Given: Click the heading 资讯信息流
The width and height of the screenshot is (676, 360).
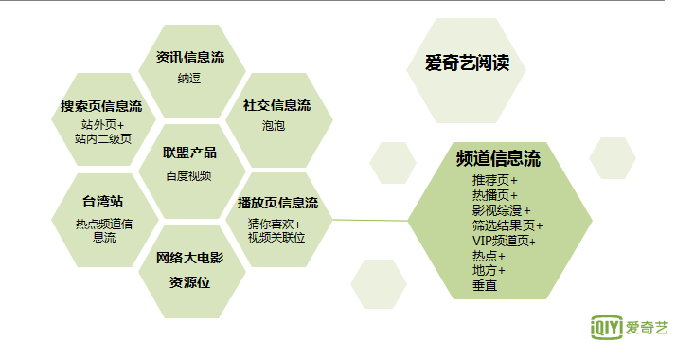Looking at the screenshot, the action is click(x=191, y=58).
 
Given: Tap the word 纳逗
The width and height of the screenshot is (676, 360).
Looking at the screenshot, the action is click(x=190, y=79).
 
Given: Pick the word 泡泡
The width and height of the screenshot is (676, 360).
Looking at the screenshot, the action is click(x=274, y=125).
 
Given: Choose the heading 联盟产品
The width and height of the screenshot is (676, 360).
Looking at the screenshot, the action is click(x=189, y=153).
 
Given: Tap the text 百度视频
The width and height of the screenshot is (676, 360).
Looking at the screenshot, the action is click(x=188, y=175).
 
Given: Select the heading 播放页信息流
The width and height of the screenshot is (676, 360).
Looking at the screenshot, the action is click(x=277, y=203).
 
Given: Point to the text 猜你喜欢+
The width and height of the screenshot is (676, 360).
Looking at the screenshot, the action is click(x=275, y=225).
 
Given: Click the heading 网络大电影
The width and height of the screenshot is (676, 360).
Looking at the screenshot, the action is click(x=190, y=258).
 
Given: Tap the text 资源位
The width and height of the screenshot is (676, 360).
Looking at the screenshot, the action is click(x=189, y=281).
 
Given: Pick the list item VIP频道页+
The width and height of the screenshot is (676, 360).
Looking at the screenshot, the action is click(x=504, y=241).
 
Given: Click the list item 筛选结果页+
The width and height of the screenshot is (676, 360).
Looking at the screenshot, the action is click(x=507, y=225).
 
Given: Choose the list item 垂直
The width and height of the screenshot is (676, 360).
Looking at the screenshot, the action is click(x=485, y=285).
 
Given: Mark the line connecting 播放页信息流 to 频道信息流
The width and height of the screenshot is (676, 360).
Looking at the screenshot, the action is click(x=369, y=221).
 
